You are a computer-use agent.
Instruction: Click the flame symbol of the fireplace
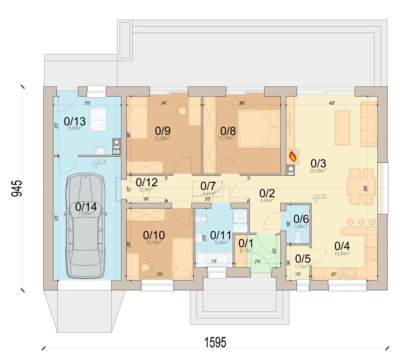[x=293, y=156]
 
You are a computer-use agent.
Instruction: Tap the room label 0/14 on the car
[x=86, y=207]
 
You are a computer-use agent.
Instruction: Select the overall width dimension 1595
[x=215, y=342]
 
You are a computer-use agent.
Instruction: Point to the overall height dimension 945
[x=16, y=188]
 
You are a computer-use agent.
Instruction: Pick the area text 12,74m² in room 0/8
[x=226, y=138]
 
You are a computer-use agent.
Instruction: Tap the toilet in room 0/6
[x=298, y=237]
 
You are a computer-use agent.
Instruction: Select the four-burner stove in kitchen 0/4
[x=371, y=254]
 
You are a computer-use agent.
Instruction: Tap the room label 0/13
[x=75, y=121]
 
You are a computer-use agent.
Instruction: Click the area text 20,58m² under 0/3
[x=318, y=171]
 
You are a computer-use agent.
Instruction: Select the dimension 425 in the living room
[x=331, y=103]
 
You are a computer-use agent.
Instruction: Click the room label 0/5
[x=303, y=259]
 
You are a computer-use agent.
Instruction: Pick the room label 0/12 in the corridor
[x=147, y=182]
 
